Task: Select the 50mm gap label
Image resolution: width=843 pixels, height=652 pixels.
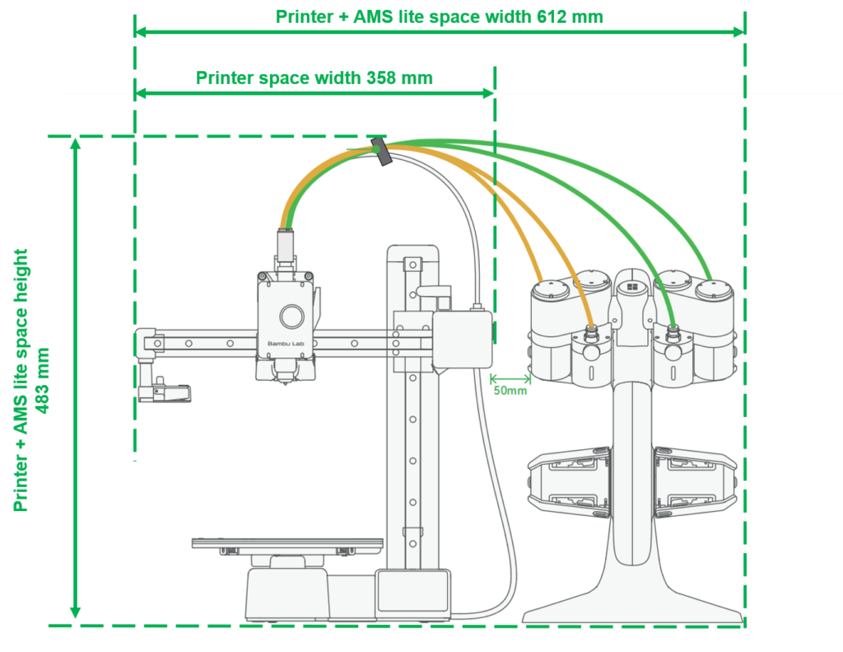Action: tap(510, 391)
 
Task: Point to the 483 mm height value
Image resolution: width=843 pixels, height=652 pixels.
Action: tap(42, 380)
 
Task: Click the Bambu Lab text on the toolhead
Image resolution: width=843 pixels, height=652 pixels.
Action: tap(286, 344)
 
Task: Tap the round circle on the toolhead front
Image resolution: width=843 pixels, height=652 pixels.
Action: tap(291, 316)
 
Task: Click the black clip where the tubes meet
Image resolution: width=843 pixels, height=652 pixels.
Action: tap(381, 152)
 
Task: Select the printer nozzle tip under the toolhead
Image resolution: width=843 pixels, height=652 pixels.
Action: tap(284, 382)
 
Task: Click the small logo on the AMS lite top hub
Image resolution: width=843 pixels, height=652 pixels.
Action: tap(631, 287)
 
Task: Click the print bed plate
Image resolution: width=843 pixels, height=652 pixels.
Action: tap(287, 543)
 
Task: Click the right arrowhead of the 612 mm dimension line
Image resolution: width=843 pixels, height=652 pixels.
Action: tap(738, 32)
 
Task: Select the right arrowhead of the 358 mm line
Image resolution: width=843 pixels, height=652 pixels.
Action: tap(488, 93)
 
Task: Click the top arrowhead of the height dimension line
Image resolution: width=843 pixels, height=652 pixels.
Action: tap(75, 143)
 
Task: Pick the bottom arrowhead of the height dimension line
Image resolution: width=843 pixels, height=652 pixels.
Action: tap(75, 612)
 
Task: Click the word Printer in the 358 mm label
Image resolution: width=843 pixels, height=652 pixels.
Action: tap(224, 78)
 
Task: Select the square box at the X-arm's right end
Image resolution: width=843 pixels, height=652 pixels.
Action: tap(463, 340)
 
